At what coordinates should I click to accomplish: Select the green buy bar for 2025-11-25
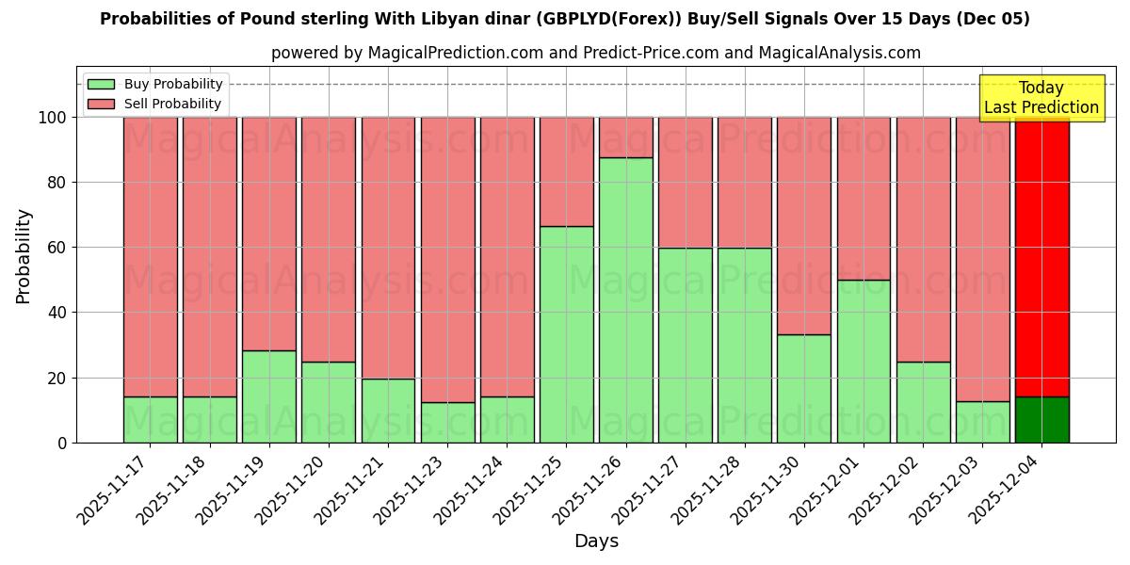[x=567, y=334]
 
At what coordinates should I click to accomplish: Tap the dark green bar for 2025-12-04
[x=1042, y=419]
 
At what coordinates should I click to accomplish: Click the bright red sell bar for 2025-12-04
[x=1042, y=256]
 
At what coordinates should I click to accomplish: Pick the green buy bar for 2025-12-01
[x=864, y=361]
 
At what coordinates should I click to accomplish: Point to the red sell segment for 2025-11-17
[x=151, y=256]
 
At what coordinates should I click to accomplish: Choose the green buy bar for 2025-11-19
[x=269, y=396]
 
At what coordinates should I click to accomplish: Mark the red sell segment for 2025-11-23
[x=447, y=259]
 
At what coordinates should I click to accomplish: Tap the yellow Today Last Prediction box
[x=1041, y=98]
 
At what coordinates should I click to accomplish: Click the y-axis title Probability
[x=24, y=256]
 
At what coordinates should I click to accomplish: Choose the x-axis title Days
[x=596, y=541]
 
